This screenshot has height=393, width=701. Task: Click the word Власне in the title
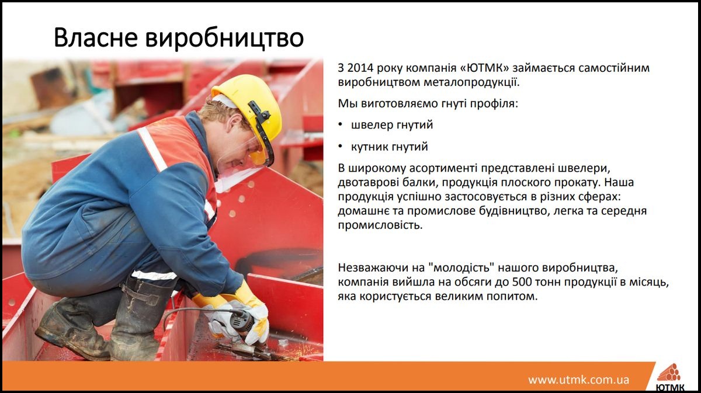[x=96, y=37]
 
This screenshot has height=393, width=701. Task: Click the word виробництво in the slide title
[x=224, y=39]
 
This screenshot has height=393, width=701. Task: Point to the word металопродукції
[x=471, y=82]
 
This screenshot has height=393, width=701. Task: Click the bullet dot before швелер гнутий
[x=341, y=125]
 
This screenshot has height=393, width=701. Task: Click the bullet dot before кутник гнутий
[x=341, y=147]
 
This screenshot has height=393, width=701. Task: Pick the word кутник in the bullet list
[x=370, y=147]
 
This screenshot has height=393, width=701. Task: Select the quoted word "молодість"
[x=461, y=267]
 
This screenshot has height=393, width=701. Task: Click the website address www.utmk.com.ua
[x=579, y=380]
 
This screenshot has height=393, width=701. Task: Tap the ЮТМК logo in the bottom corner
[x=670, y=377]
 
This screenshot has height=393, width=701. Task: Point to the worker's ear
[x=235, y=123]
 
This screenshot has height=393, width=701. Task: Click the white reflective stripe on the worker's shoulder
[x=152, y=149]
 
